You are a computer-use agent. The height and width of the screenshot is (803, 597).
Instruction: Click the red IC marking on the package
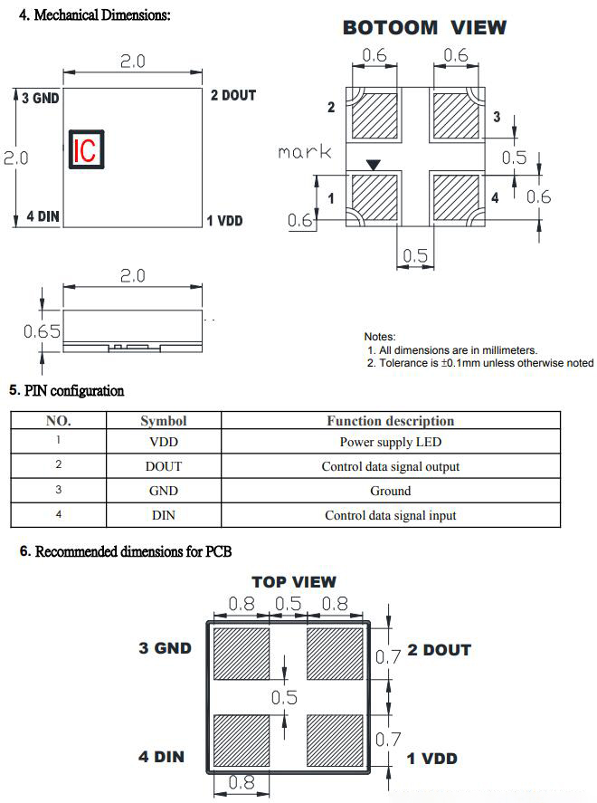point(87,149)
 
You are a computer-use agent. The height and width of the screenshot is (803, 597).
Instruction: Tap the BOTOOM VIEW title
point(424,27)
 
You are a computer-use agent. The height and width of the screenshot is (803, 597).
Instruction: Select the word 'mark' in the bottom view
point(304,152)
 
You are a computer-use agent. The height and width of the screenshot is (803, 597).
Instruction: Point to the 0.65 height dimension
point(42,332)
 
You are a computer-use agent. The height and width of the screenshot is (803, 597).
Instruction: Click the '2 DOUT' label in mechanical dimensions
point(232,95)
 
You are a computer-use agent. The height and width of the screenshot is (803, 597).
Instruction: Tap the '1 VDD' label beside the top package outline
point(224,221)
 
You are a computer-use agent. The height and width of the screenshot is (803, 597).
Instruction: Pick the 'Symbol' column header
point(164,421)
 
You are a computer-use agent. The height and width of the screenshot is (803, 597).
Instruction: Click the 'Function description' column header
point(390,421)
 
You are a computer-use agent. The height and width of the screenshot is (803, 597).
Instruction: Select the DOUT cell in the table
point(164,466)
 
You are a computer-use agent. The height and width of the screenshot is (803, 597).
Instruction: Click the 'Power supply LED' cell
point(390,443)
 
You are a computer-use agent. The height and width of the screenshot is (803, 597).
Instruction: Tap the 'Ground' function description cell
point(390,491)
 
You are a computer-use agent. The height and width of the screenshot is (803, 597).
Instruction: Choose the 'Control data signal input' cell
point(390,515)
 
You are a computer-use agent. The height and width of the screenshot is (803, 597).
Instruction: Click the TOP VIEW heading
point(293,582)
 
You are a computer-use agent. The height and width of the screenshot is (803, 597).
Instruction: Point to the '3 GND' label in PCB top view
point(165,648)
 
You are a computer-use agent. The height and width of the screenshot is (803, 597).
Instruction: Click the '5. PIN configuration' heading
point(66,391)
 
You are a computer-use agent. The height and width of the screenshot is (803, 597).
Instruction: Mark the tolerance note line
point(479,363)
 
